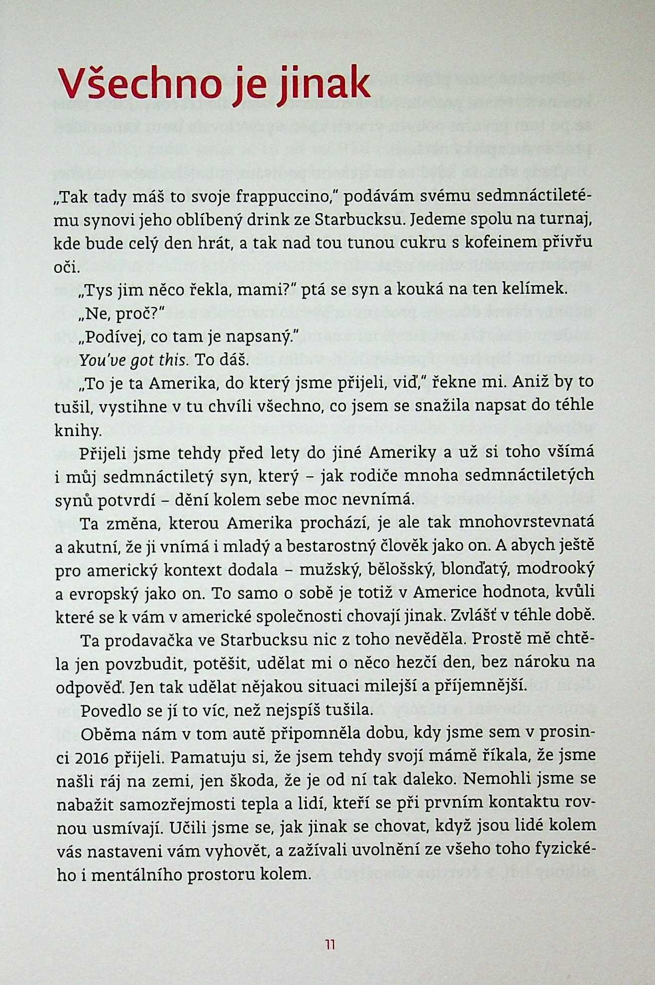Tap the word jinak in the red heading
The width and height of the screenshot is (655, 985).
[x=323, y=85]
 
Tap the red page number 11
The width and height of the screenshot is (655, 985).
[x=330, y=945]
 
